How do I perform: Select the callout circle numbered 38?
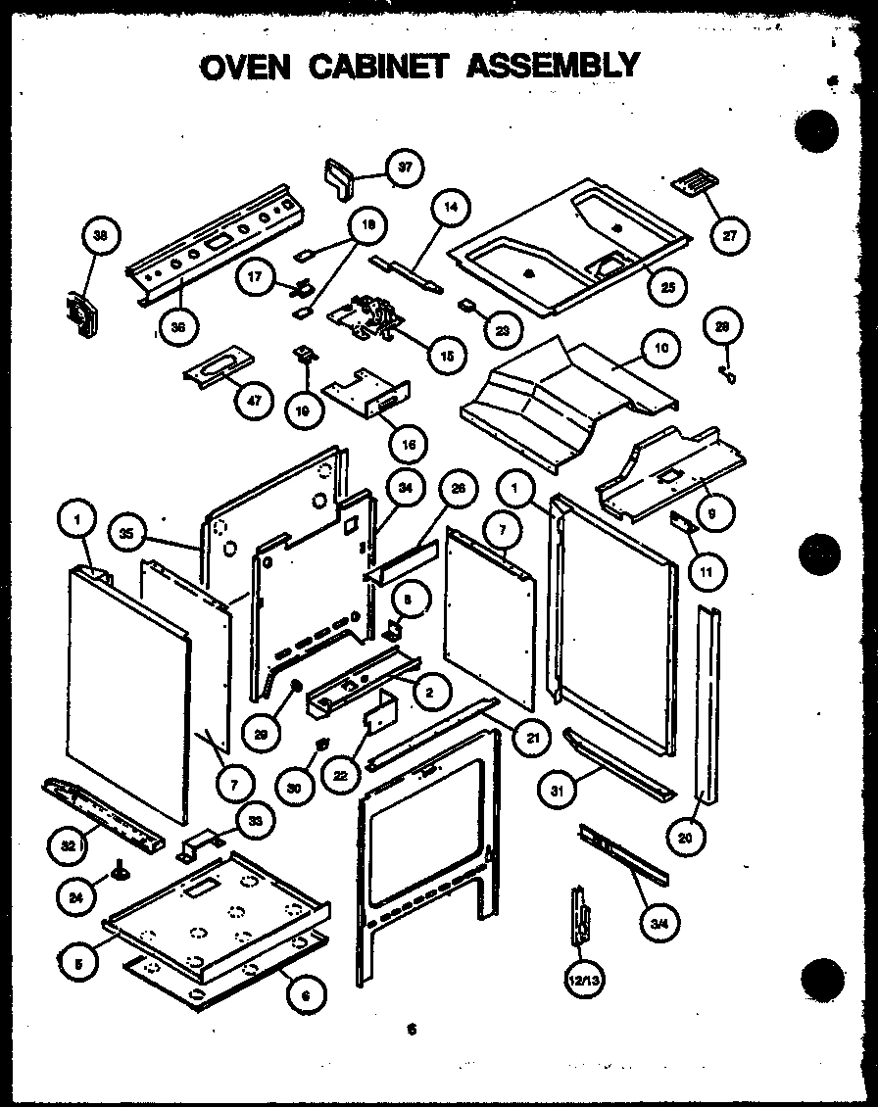pyautogui.click(x=101, y=234)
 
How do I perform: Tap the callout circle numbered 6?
pyautogui.click(x=307, y=994)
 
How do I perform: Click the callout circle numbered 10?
pyautogui.click(x=660, y=348)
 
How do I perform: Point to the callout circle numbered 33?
pyautogui.click(x=256, y=822)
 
